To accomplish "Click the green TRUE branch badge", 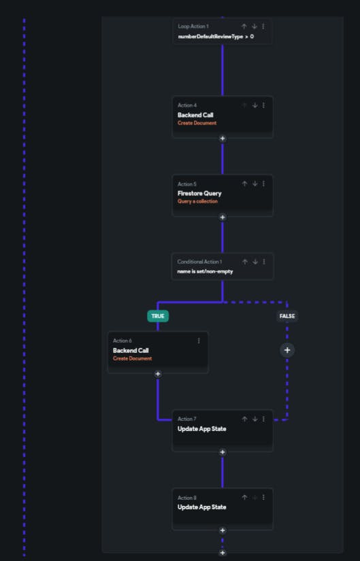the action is point(158,316).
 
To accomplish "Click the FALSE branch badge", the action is point(287,316).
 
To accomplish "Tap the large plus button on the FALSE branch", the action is point(287,350).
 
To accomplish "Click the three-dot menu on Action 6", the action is point(199,341).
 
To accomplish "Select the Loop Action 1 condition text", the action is point(216,37).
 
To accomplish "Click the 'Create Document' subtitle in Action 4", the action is point(197,122).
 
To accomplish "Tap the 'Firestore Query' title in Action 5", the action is point(199,193).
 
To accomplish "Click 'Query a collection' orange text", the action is point(197,201).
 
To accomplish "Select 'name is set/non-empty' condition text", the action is point(205,271).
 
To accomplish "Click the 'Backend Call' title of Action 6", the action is point(131,350).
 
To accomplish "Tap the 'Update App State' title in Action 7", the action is point(201,428).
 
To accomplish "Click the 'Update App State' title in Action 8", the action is point(201,507).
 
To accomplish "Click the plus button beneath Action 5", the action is point(223,217).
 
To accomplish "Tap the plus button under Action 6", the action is point(158,374).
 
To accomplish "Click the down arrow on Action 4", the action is point(255,105).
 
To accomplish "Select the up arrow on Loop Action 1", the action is point(244,26).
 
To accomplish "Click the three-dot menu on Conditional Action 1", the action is point(264,262).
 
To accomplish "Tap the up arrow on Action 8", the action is point(244,497).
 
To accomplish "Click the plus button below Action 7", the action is point(223,452).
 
